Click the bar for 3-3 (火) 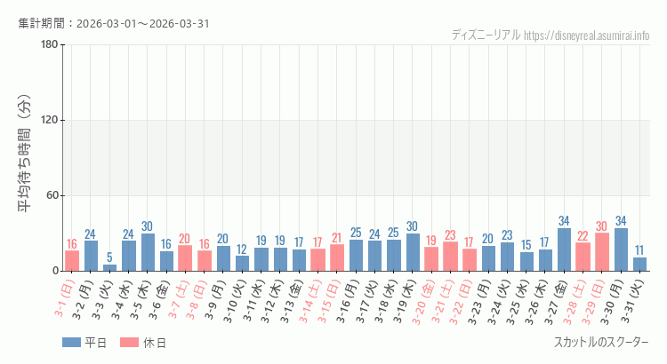coord(109,267)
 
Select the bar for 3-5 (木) coord(148,252)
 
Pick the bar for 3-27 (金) coord(564,249)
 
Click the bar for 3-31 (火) coord(639,265)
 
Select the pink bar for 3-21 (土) coord(450,257)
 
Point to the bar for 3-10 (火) coord(242,264)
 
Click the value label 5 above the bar coord(109,257)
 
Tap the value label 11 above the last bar coord(639,250)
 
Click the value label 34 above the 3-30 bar coord(621,221)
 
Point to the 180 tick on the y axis coord(49,45)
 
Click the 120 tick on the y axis coord(49,121)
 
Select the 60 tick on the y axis coord(52,195)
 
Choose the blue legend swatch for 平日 coord(71,343)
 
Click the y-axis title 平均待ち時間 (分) coord(26,158)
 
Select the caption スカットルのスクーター coord(601,343)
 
